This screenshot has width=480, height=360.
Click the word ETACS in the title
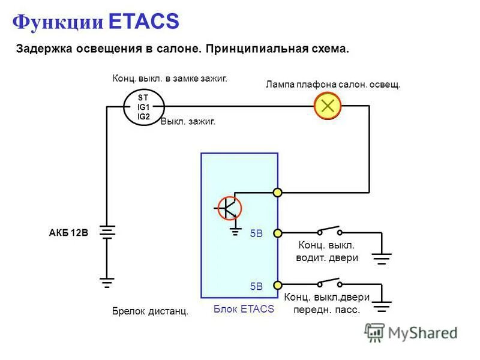point(144,22)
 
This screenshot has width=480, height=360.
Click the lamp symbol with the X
point(328,106)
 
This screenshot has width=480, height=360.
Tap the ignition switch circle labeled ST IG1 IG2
point(143,107)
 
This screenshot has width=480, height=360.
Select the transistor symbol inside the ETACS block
point(229,208)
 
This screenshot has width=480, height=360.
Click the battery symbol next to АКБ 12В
point(107,233)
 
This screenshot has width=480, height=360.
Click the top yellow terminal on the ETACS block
point(278,193)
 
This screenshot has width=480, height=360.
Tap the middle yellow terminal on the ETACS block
point(278,233)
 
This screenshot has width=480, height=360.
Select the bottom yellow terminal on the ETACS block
point(278,285)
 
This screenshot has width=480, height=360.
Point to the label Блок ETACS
point(244,309)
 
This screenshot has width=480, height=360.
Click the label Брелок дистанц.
point(150,311)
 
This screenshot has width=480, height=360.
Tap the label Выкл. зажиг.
point(188,121)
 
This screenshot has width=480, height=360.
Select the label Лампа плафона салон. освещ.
point(333,85)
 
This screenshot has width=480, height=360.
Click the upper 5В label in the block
point(257,234)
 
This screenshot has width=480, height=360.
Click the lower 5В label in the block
point(257,286)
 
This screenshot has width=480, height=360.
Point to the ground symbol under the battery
point(107,281)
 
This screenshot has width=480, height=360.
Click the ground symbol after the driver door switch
point(382,258)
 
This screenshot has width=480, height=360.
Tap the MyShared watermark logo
point(411,332)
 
